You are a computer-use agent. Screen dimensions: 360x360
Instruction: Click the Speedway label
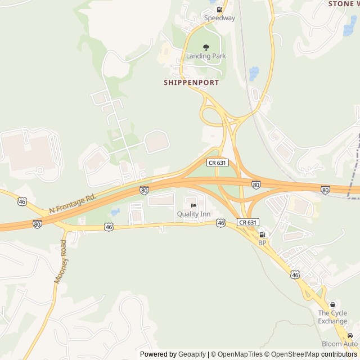tap(219, 18)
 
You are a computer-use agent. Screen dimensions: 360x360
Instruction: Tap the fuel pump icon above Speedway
tap(219, 10)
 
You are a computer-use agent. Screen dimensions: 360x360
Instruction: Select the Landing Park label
tap(206, 56)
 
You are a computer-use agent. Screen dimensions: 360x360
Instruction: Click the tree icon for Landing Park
tap(206, 48)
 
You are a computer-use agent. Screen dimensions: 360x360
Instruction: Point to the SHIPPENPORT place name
tap(191, 82)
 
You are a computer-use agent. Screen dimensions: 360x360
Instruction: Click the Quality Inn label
tap(193, 214)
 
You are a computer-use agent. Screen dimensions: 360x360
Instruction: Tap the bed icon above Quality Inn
tap(193, 206)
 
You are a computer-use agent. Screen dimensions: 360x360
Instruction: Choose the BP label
tap(262, 242)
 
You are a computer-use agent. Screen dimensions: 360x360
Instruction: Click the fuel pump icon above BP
tap(262, 235)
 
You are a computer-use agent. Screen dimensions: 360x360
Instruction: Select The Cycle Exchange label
tap(332, 317)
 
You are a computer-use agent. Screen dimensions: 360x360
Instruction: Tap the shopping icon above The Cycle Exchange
tap(333, 304)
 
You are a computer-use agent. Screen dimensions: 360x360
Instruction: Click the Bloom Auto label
tap(339, 344)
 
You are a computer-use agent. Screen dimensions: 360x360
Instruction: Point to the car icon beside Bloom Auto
tap(350, 335)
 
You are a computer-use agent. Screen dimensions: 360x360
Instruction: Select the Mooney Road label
tap(60, 261)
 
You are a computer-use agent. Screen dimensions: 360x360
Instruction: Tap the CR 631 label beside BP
tap(247, 223)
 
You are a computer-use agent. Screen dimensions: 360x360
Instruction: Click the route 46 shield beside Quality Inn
tap(221, 223)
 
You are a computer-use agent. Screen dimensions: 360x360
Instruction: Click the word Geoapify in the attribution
tap(192, 354)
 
